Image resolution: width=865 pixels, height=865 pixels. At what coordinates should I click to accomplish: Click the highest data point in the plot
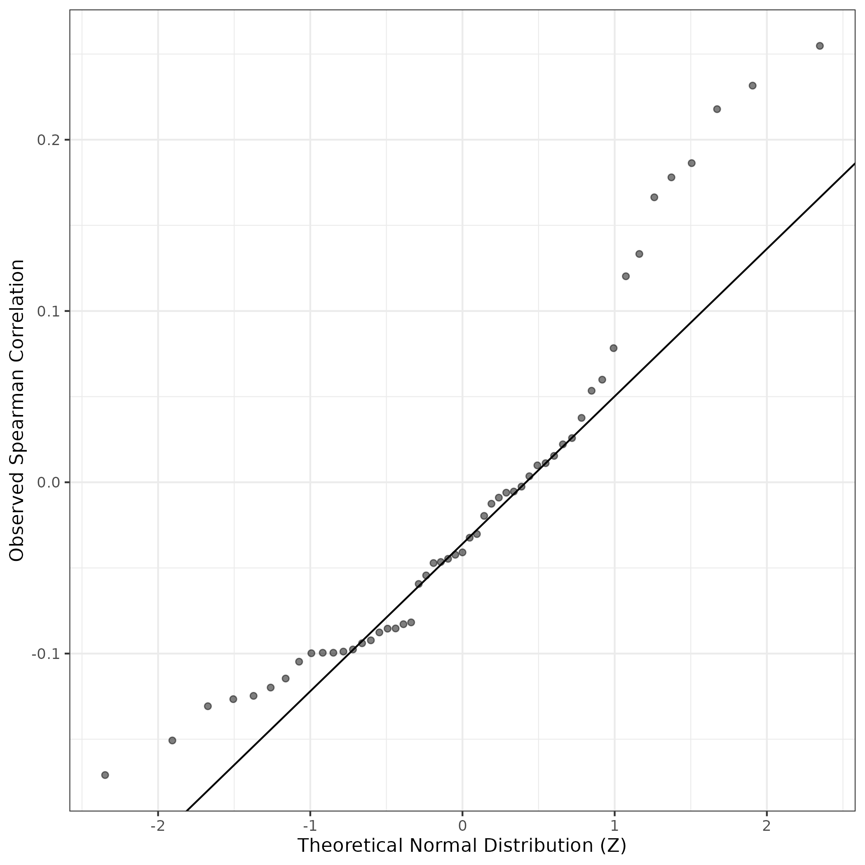pyautogui.click(x=820, y=46)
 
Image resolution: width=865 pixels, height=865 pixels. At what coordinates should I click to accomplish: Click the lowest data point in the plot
pyautogui.click(x=105, y=775)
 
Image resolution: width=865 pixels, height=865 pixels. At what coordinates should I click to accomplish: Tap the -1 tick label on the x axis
pyautogui.click(x=310, y=825)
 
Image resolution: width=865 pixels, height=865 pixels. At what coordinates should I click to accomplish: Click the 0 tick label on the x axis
pyautogui.click(x=462, y=825)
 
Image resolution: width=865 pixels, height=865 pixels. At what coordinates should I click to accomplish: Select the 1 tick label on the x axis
pyautogui.click(x=614, y=825)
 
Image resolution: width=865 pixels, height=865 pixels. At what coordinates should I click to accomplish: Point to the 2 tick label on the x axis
pyautogui.click(x=767, y=825)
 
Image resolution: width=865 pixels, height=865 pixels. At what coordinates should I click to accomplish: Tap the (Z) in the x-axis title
pyautogui.click(x=614, y=846)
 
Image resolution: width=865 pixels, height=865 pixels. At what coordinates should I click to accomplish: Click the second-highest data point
pyautogui.click(x=752, y=86)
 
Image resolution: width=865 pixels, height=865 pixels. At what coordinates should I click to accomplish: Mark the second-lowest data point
pyautogui.click(x=172, y=741)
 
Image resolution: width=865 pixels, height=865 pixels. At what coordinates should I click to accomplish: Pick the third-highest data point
pyautogui.click(x=717, y=109)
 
